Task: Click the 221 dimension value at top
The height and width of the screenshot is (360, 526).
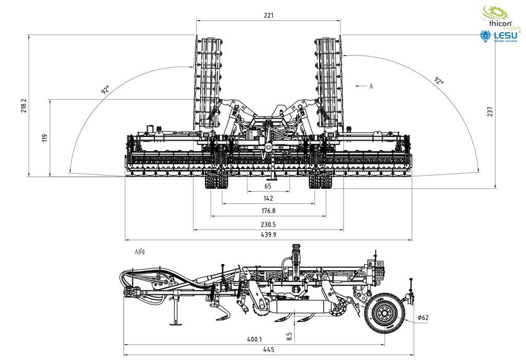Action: tap(269, 15)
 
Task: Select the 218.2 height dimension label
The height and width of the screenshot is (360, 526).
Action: tap(24, 106)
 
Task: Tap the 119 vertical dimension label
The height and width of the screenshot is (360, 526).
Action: tap(45, 138)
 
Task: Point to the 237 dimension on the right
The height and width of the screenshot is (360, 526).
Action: tap(490, 111)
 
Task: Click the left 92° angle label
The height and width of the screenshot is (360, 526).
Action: tap(105, 89)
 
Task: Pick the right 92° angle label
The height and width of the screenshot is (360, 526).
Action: tap(439, 81)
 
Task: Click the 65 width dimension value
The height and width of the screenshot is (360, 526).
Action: tap(268, 186)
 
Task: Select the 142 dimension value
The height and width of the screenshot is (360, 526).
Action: tap(268, 198)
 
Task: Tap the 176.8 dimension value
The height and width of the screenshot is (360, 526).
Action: tap(268, 211)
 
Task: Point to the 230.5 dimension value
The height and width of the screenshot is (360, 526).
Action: tap(268, 224)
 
